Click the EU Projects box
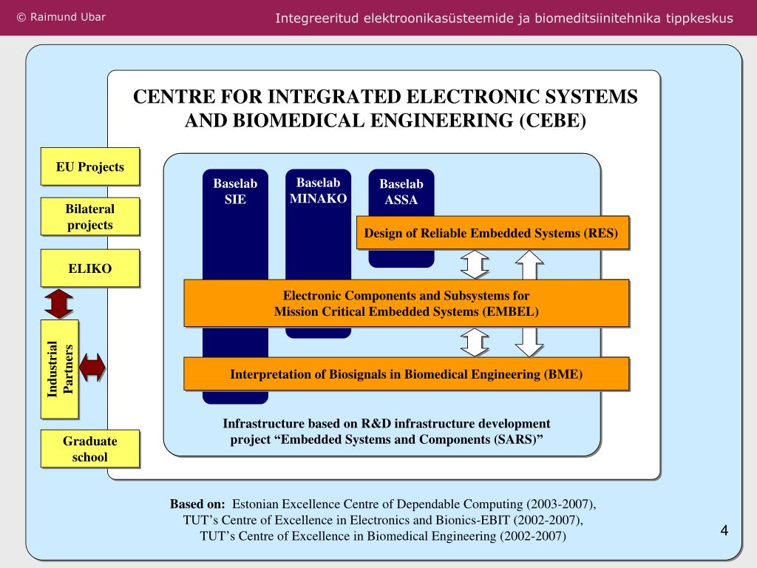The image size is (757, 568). click(89, 166)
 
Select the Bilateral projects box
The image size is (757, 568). click(89, 217)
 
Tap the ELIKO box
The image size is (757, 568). click(89, 268)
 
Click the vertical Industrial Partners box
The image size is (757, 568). click(60, 369)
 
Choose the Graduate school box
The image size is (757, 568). click(89, 449)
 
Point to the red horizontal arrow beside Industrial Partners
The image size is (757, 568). click(92, 367)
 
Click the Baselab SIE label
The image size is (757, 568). click(235, 191)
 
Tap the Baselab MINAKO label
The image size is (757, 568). click(318, 190)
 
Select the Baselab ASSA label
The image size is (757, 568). click(401, 192)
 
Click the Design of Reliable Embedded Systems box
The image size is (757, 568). click(492, 233)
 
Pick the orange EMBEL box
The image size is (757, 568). click(406, 303)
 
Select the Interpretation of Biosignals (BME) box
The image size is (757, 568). click(406, 374)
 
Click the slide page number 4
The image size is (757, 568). click(724, 530)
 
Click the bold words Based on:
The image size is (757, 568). click(197, 504)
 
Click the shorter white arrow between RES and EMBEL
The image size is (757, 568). click(475, 265)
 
